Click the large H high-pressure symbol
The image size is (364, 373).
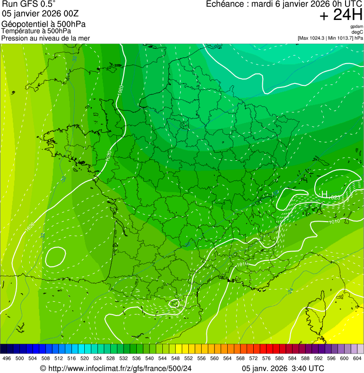click(x=324, y=194)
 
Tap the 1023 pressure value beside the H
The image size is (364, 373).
click(x=334, y=197)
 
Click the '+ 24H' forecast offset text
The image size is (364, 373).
click(x=341, y=15)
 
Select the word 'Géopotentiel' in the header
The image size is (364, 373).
click(x=23, y=24)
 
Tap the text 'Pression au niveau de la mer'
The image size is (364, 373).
click(x=45, y=38)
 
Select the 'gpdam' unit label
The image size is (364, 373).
click(x=357, y=27)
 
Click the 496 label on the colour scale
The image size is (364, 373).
click(x=7, y=358)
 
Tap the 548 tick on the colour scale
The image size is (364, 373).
click(x=175, y=358)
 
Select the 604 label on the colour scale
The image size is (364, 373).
click(x=357, y=358)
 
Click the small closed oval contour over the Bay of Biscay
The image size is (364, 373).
click(x=56, y=256)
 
